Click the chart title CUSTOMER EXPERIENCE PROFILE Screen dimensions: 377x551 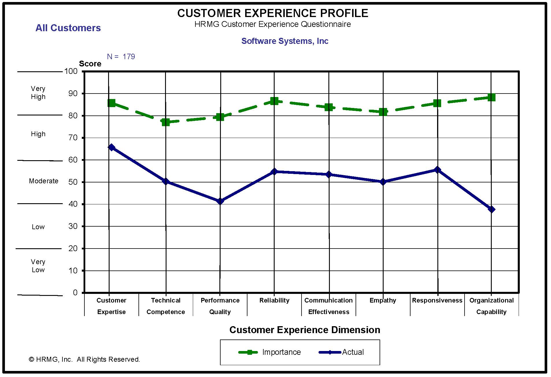pyautogui.click(x=273, y=13)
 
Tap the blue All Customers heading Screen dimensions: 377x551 pyautogui.click(x=68, y=28)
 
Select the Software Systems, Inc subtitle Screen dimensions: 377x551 pyautogui.click(x=285, y=41)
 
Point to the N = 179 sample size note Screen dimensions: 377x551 pyautogui.click(x=121, y=57)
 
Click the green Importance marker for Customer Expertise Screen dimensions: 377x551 pyautogui.click(x=111, y=103)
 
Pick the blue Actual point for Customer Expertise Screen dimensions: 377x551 pyautogui.click(x=111, y=148)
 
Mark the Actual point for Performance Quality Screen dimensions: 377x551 pyautogui.click(x=220, y=201)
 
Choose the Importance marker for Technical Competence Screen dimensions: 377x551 pyautogui.click(x=166, y=122)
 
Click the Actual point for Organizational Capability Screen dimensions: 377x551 pyautogui.click(x=491, y=209)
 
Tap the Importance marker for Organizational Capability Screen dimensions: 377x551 pyautogui.click(x=491, y=97)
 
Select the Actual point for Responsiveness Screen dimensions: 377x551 pyautogui.click(x=437, y=170)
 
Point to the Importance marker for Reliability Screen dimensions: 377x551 pyautogui.click(x=274, y=101)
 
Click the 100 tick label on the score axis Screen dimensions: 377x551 pyautogui.click(x=71, y=71)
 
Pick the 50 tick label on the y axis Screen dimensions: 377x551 pyautogui.click(x=73, y=182)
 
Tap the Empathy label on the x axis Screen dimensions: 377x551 pyautogui.click(x=383, y=301)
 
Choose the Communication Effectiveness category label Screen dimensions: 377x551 pyautogui.click(x=329, y=306)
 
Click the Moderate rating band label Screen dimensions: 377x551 pyautogui.click(x=44, y=181)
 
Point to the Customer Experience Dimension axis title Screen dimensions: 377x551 pyautogui.click(x=305, y=330)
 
